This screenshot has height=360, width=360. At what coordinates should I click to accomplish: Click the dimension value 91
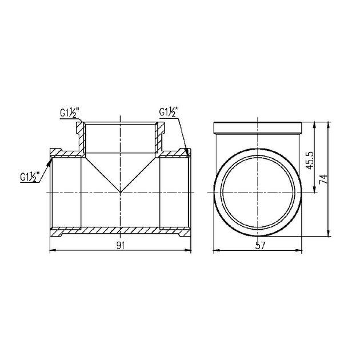tap(120, 246)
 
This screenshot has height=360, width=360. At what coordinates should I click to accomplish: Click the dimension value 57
tap(260, 246)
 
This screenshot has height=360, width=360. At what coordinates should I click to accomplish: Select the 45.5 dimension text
tap(310, 160)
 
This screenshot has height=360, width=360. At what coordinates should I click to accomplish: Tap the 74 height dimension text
tap(323, 179)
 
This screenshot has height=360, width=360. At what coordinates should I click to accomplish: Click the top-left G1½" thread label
tap(70, 113)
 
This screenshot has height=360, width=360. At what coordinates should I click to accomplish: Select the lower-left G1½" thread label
tap(30, 177)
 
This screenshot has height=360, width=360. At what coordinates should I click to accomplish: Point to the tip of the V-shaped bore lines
tap(121, 192)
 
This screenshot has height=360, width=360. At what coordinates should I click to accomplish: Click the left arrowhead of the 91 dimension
tap(53, 250)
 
